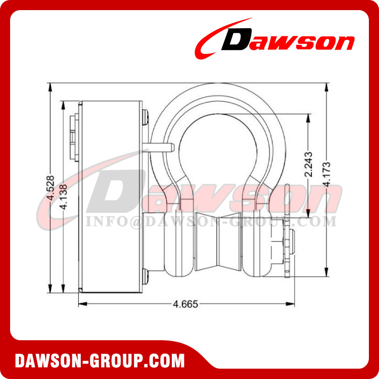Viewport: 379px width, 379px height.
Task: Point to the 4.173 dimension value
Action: (327, 174)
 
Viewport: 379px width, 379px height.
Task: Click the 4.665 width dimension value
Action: (185, 304)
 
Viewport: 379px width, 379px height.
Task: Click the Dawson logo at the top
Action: (275, 39)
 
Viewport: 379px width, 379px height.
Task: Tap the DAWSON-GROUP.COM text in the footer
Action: (100, 361)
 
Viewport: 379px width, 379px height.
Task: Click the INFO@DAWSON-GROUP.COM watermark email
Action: (211, 221)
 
